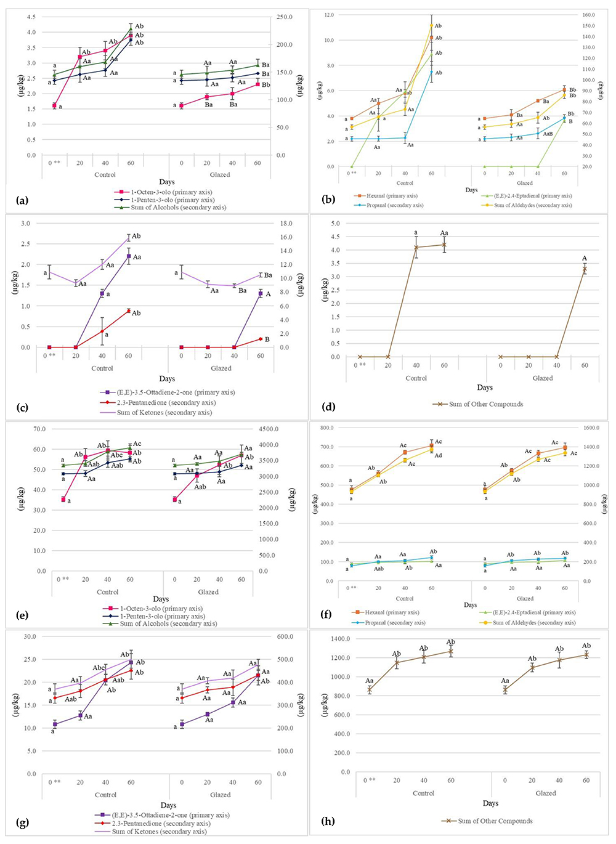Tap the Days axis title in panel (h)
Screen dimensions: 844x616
(490, 803)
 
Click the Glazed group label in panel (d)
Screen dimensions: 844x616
(542, 378)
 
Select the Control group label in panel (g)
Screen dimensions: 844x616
(105, 795)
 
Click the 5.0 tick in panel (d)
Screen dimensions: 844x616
(336, 224)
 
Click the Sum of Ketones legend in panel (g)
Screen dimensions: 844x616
(160, 832)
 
